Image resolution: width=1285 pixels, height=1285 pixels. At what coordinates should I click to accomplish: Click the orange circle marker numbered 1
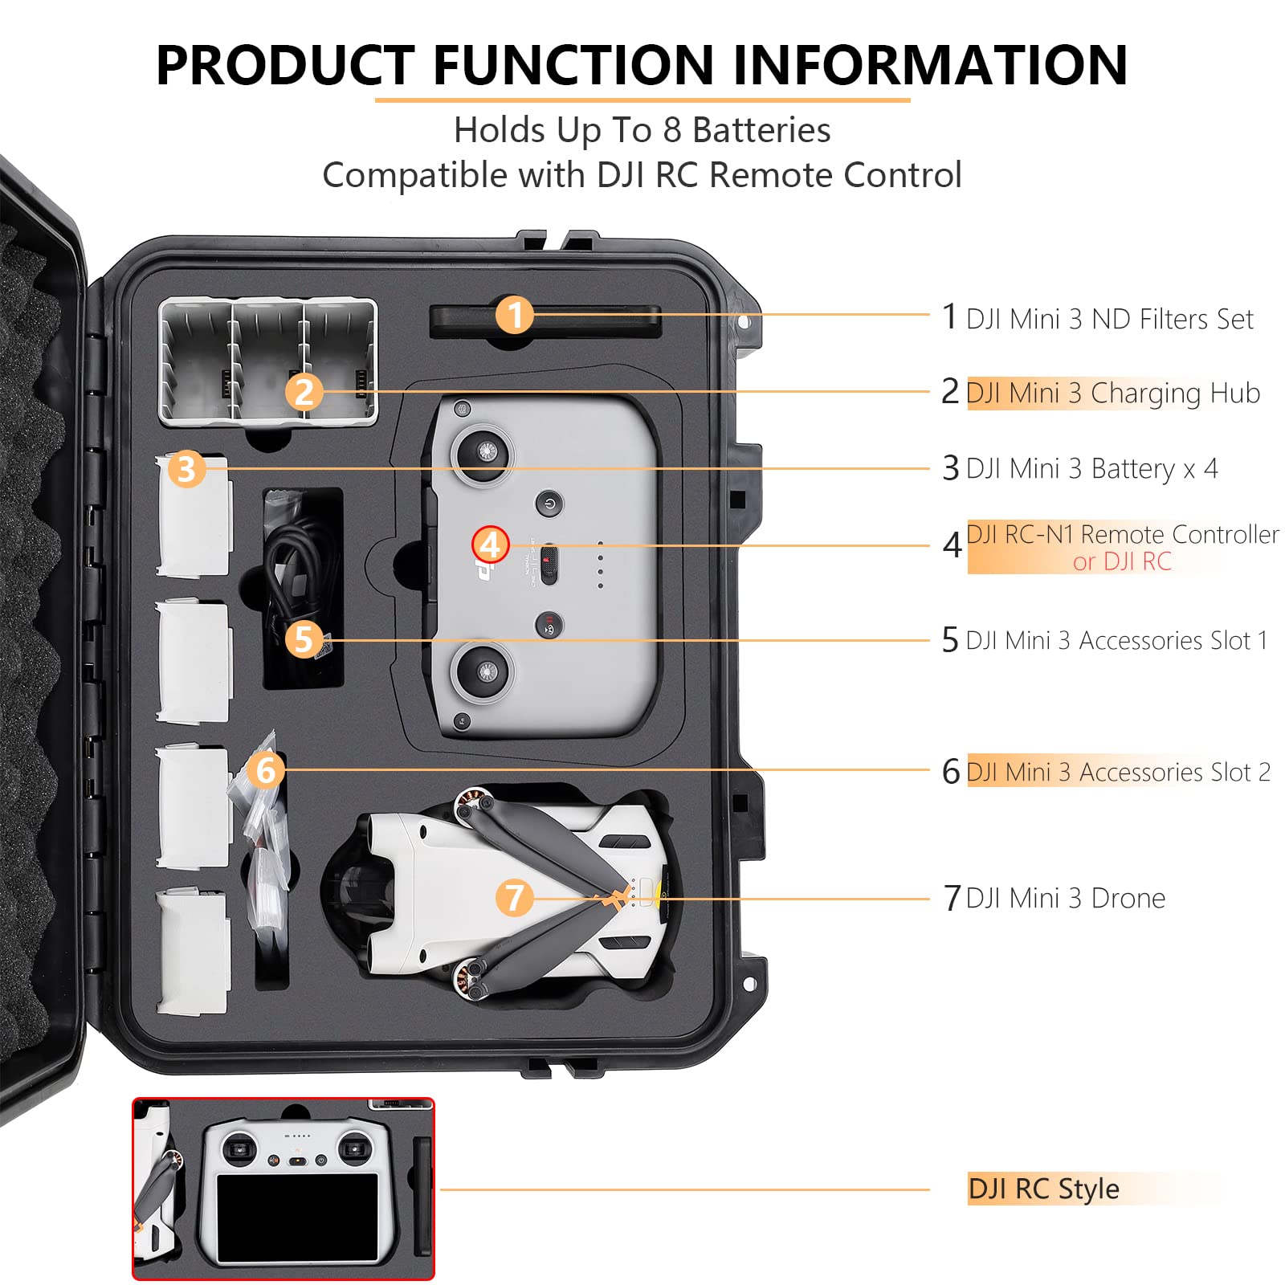pos(514,314)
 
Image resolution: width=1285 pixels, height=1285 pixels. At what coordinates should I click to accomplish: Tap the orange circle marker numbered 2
pos(304,392)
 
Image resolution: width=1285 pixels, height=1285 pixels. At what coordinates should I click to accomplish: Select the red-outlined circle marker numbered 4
pos(491,545)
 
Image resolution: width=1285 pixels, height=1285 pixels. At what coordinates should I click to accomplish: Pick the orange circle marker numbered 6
pos(266,769)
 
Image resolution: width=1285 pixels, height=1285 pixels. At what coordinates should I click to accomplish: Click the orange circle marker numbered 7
pos(514,897)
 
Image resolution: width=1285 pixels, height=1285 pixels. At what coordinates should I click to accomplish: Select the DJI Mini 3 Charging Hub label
pos(1112,393)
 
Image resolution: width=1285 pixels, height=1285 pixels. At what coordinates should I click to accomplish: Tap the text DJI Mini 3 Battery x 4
pos(1091,467)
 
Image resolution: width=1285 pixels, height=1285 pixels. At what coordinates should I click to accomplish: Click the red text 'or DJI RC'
pos(1122,561)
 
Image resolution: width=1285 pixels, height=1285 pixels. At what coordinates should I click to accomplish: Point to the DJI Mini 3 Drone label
pos(1065,898)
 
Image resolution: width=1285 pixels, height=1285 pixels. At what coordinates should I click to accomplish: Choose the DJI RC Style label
pos(1043,1189)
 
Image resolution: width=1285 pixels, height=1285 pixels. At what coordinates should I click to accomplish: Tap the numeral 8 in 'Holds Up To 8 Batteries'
pos(672,130)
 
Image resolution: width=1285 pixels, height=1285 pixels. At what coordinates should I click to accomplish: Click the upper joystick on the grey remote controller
pos(483,453)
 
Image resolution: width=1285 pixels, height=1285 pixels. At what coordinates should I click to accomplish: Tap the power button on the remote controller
pos(549,504)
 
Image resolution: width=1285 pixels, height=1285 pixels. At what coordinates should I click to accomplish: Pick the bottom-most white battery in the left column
pos(194,952)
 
